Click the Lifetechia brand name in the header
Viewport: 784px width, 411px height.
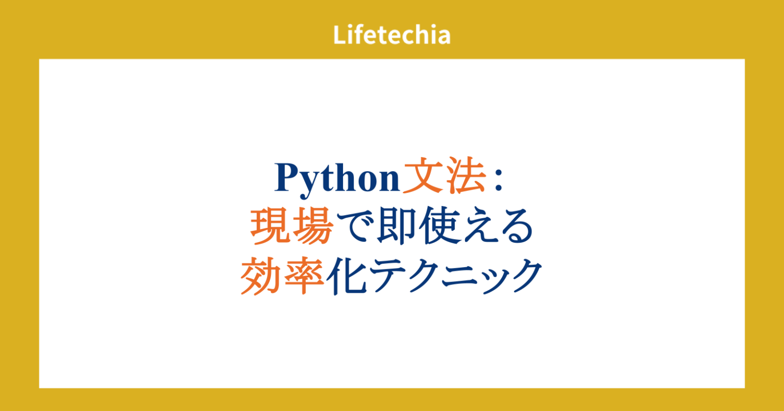[x=392, y=35]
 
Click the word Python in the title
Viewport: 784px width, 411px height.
[x=337, y=179]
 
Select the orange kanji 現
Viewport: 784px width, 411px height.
[x=271, y=228]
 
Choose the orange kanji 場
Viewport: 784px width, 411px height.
[x=312, y=228]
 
